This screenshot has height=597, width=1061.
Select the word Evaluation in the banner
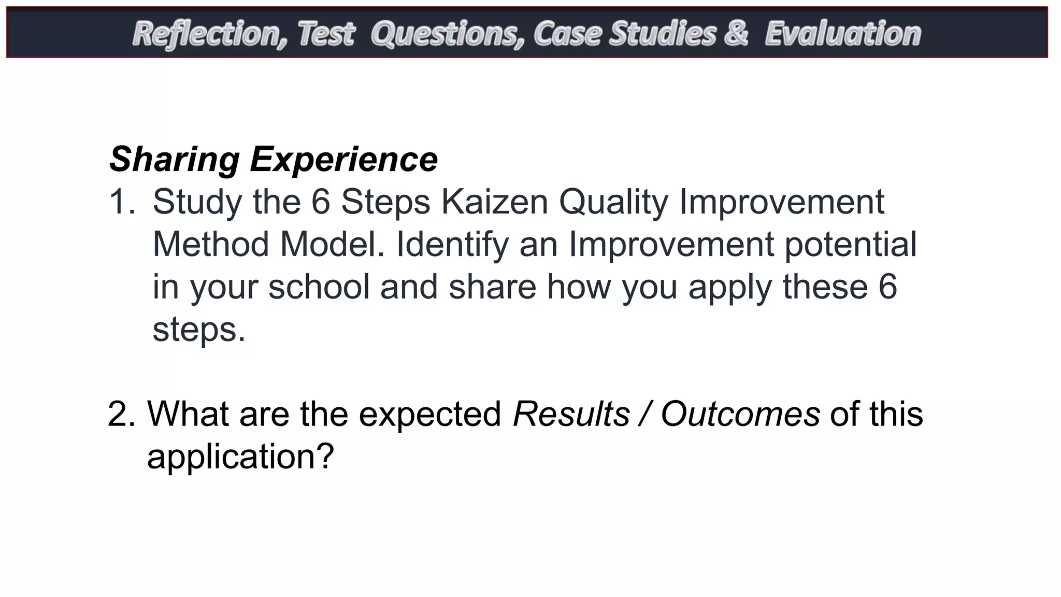[x=843, y=34]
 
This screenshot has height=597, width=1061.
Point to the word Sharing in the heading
[x=174, y=160]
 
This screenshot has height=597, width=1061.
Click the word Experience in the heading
[x=344, y=160]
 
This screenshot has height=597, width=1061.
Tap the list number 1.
[x=121, y=202]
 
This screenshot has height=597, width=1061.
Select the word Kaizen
[x=494, y=202]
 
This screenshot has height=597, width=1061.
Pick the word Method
[x=210, y=244]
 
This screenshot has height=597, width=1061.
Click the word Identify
[x=452, y=245]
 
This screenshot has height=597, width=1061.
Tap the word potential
[x=850, y=245]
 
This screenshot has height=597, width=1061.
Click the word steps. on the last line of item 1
[x=198, y=330]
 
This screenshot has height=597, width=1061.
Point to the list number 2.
[x=121, y=414]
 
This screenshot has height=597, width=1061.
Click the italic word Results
[x=571, y=414]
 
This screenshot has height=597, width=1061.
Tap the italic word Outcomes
[x=740, y=414]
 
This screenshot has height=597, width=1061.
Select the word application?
[x=240, y=457]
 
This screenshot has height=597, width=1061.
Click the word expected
[x=430, y=415]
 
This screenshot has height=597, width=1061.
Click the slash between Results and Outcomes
[x=645, y=414]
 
